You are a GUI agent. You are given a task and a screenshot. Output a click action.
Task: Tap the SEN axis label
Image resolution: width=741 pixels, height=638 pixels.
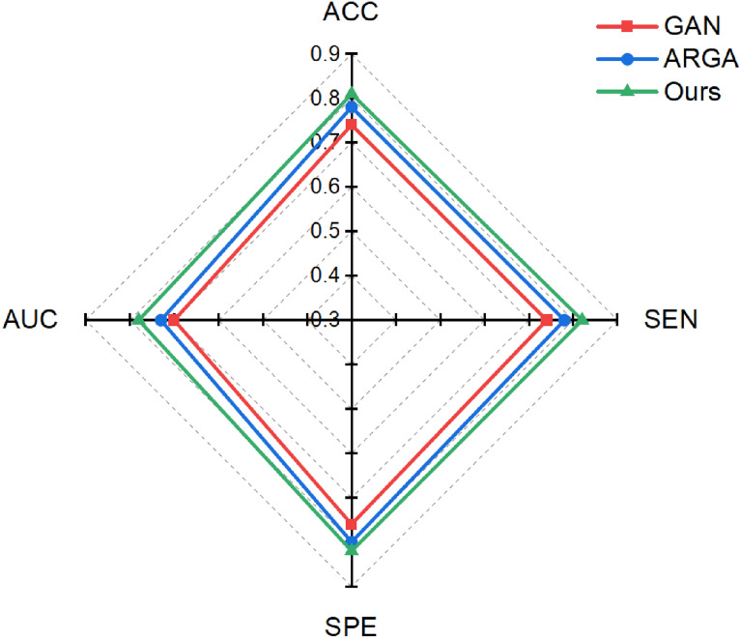pos(670,319)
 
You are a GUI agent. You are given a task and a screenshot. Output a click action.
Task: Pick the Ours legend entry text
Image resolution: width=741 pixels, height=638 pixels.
pos(684,93)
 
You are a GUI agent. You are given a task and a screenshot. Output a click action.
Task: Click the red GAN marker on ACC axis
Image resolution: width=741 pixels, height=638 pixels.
pos(352,125)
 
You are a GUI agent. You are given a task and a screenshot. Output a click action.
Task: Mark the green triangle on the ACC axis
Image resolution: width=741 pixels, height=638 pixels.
pos(352,94)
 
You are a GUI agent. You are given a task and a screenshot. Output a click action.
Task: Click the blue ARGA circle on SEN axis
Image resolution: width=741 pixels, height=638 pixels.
pos(564,319)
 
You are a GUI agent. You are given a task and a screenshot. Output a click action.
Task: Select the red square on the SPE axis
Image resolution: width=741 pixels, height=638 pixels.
pos(352,524)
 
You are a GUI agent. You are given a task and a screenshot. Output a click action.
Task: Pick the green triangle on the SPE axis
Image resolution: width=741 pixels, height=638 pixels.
pos(352,549)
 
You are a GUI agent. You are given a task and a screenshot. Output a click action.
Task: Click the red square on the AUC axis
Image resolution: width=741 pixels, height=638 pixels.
pos(174,319)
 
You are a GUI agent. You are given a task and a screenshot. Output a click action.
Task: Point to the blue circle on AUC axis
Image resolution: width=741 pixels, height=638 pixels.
pos(160,319)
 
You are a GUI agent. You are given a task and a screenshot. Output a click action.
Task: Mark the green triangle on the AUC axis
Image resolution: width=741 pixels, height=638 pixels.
pos(139,319)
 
